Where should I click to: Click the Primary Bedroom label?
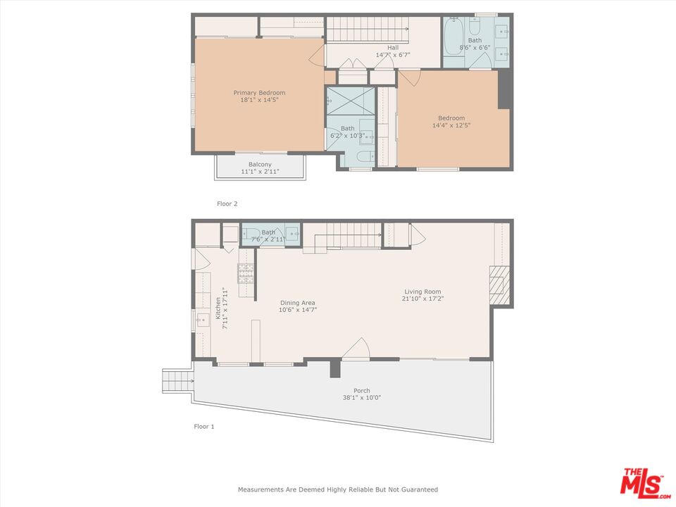click(259, 93)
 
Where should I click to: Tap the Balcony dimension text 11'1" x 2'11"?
click(259, 172)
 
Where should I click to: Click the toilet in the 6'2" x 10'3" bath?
click(363, 156)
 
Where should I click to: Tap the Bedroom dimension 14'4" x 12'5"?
click(451, 125)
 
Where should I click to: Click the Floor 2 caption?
click(227, 204)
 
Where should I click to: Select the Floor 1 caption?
click(204, 426)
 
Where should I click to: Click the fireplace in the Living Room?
click(499, 285)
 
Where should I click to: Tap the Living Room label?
click(423, 292)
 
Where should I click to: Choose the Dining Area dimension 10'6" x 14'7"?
click(296, 310)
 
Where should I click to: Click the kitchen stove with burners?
click(245, 272)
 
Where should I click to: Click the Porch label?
click(361, 391)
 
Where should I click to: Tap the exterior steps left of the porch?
click(177, 382)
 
